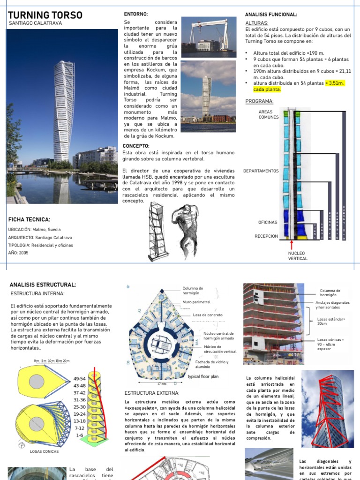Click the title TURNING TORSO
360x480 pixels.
tap(45, 15)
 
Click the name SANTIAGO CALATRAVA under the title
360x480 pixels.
tap(36, 23)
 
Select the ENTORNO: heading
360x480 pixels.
tap(135, 15)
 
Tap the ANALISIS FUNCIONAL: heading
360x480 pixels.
tap(271, 15)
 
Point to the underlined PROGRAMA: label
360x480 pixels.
tap(259, 101)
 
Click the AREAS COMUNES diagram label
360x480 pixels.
tap(268, 114)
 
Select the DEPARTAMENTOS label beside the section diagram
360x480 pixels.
tap(261, 171)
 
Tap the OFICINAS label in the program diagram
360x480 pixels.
tap(268, 222)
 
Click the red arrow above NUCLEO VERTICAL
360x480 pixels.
tap(292, 245)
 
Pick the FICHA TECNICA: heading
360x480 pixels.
tap(30, 219)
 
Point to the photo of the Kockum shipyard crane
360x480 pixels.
tap(208, 37)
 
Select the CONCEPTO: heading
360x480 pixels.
tap(136, 146)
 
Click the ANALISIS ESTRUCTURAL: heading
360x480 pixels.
tap(43, 285)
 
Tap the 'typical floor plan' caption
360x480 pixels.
tap(203, 376)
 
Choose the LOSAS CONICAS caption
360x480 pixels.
tap(45, 451)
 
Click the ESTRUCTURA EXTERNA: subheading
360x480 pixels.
tap(152, 393)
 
